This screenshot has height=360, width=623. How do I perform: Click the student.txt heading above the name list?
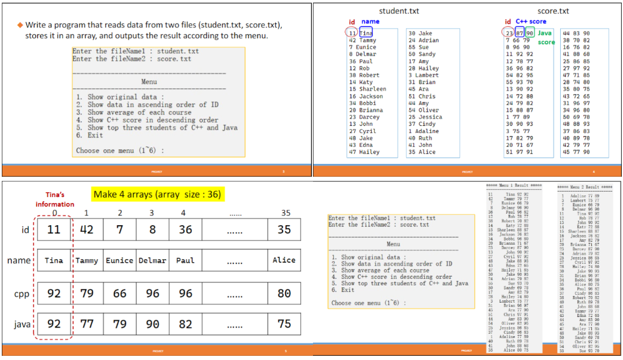tap(399, 11)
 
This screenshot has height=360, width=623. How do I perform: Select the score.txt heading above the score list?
tap(553, 11)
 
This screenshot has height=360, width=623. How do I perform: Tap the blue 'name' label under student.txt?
tap(370, 21)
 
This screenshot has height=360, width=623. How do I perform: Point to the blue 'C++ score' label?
tap(530, 21)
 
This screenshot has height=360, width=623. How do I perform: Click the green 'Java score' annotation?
tap(545, 38)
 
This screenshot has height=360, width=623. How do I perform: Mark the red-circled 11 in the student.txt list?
tap(352, 33)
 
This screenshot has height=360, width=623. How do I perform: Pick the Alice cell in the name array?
tap(284, 260)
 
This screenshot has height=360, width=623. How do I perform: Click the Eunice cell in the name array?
tap(119, 260)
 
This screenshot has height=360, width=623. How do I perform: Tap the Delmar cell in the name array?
tap(152, 260)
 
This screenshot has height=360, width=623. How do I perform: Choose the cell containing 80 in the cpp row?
tap(284, 293)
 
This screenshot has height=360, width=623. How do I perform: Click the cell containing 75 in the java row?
tap(284, 324)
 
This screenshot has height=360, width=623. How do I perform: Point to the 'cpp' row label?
tap(22, 294)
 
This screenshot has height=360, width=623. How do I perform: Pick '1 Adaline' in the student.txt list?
tap(423, 131)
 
